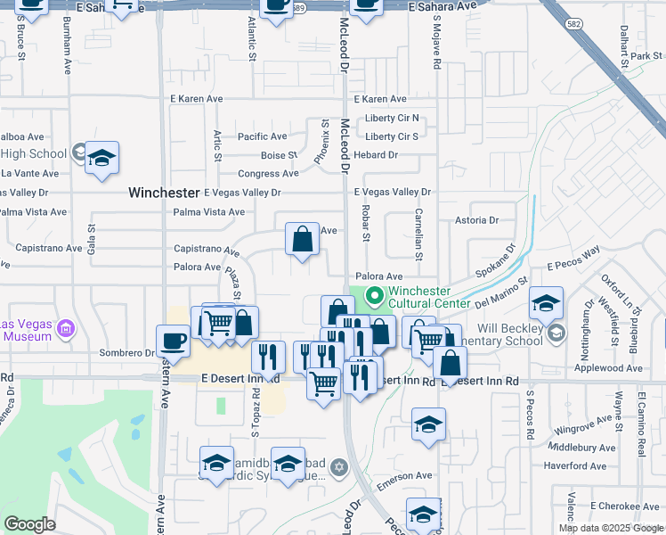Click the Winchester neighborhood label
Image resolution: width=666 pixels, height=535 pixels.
(164, 193)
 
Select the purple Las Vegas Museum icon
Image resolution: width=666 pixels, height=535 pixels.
(65, 330)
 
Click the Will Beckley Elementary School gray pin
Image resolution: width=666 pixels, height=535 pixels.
(556, 333)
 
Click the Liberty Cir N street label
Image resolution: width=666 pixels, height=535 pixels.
(391, 119)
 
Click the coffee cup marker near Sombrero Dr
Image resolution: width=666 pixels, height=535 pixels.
(173, 341)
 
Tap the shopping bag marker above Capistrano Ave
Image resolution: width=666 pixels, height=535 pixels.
(303, 239)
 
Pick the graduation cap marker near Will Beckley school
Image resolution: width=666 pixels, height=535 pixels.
(546, 303)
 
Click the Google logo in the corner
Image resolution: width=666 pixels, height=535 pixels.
(29, 524)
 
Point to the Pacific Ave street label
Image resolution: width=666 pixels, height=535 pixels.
(262, 136)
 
